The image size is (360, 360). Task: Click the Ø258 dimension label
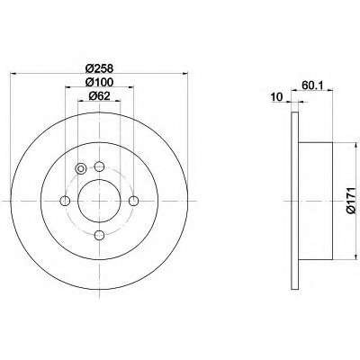click(x=99, y=69)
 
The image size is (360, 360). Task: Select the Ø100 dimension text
click(x=99, y=82)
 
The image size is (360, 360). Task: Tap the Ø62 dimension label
click(x=99, y=96)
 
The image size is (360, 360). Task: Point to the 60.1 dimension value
click(x=312, y=85)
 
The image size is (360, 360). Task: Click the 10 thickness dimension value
click(x=277, y=97)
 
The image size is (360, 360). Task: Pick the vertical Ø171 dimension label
click(x=351, y=202)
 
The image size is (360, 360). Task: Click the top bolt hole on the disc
click(x=99, y=166)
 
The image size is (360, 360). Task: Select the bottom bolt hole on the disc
click(x=99, y=235)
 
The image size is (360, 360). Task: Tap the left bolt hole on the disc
click(x=65, y=201)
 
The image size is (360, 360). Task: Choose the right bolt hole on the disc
click(x=133, y=201)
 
